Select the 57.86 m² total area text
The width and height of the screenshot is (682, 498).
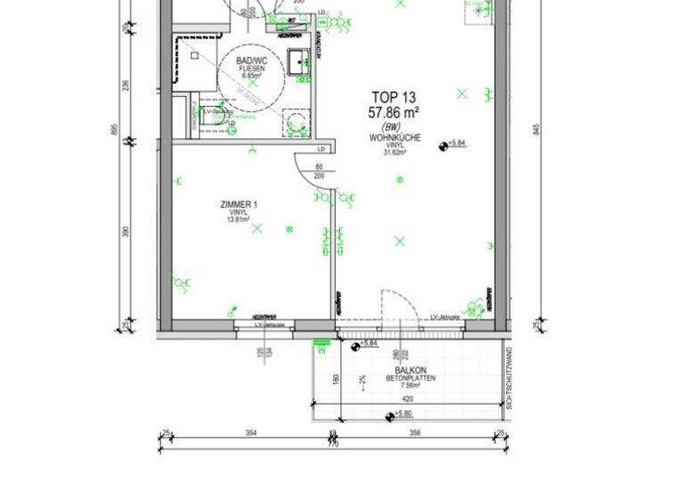coord(393,112)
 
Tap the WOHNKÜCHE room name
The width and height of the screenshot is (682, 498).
coord(394,138)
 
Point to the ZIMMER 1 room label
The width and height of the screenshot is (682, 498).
coord(239,205)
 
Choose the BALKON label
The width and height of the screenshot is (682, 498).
coord(411,370)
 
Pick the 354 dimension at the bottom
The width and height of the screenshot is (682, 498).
coord(251,433)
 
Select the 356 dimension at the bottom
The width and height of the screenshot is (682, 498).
coord(415,433)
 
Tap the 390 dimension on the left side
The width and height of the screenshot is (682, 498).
coord(126,232)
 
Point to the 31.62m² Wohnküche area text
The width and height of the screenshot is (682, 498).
coord(394,152)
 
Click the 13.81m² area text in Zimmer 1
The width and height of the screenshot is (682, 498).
coord(239,221)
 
